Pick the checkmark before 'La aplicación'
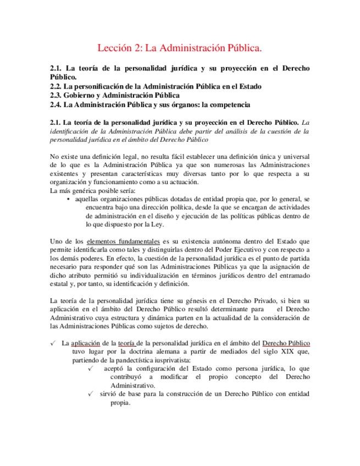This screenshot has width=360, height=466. click(52, 342)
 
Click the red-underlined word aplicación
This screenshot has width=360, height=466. click(86, 343)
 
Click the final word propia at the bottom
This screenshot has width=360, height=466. click(120, 402)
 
